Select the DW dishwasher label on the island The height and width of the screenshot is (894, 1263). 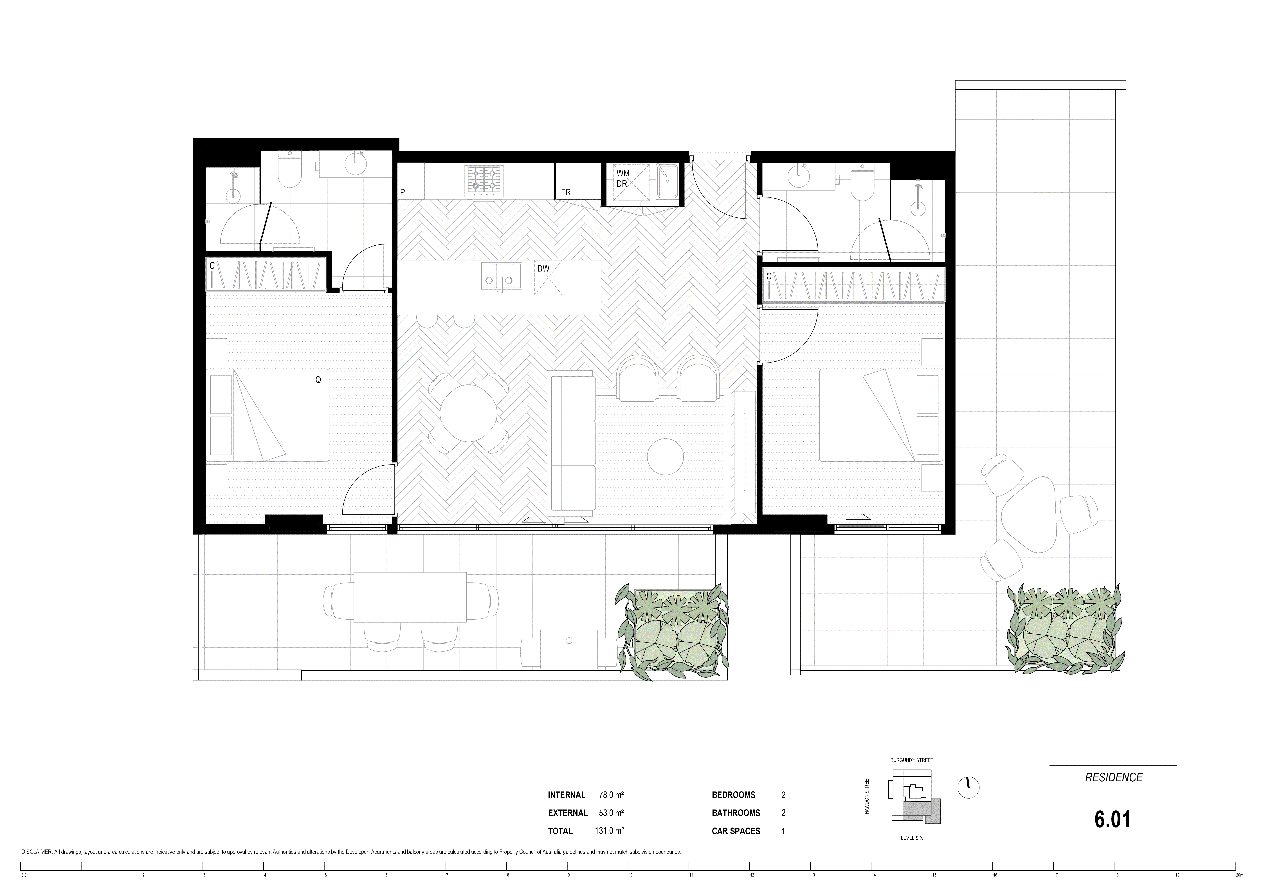[x=543, y=269]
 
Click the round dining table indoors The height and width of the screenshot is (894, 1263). [x=469, y=413]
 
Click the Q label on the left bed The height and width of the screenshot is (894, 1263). [x=318, y=380]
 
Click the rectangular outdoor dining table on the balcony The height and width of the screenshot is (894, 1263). [x=410, y=597]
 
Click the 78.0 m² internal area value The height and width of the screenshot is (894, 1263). [x=611, y=795]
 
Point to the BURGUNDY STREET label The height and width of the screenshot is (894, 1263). [x=911, y=760]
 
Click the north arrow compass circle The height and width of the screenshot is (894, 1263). [x=969, y=788]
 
